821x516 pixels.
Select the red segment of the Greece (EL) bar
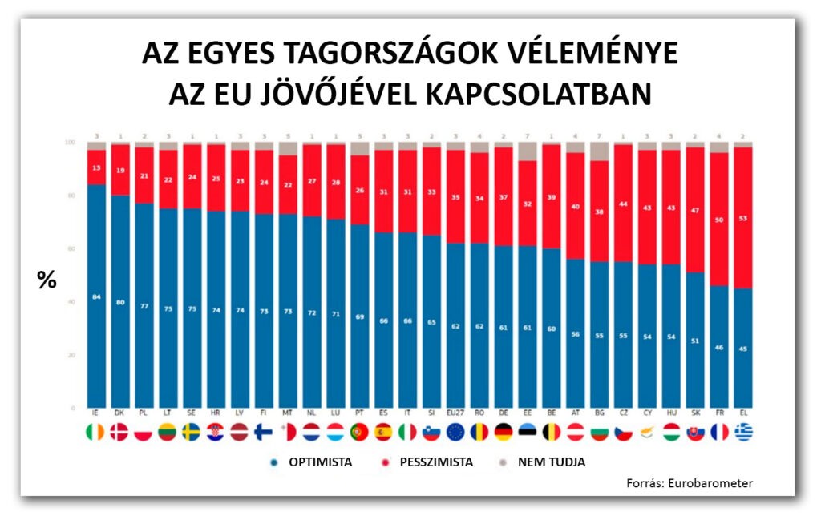745,240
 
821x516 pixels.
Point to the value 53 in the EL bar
745,217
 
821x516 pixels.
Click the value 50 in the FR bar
721,219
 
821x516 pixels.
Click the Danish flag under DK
119,433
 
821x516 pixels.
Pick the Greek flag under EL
745,433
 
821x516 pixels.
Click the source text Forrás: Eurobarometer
690,482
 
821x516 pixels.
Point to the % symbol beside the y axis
47,280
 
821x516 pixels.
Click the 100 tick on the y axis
70,143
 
